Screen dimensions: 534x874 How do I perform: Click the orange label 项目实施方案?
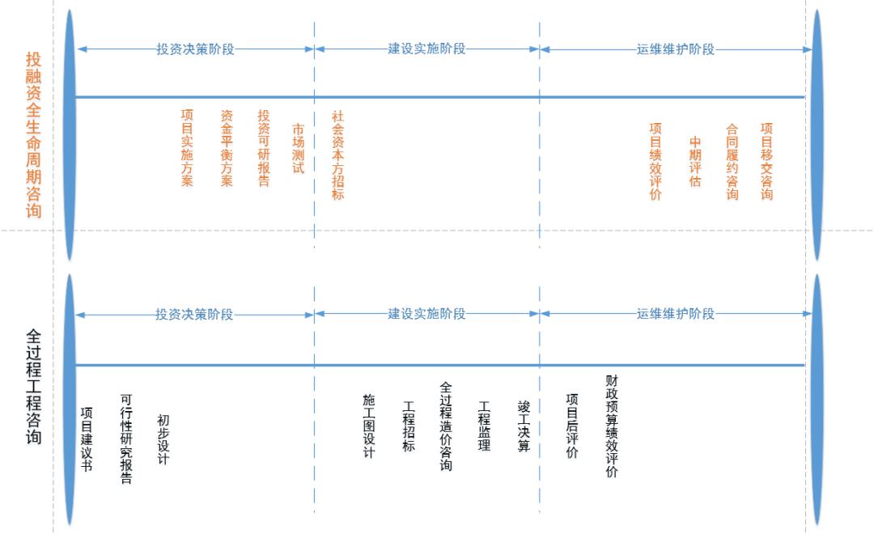click(x=187, y=148)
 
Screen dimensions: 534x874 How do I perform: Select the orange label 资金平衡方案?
click(x=227, y=148)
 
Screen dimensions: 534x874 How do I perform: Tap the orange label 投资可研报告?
click(x=263, y=148)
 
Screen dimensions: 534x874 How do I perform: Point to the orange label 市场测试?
click(x=299, y=149)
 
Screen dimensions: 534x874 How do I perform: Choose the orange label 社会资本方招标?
click(x=338, y=155)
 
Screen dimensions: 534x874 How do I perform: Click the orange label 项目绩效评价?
click(x=655, y=161)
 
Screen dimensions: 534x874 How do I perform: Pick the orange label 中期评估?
click(x=694, y=162)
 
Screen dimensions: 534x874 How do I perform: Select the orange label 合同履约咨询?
click(x=732, y=161)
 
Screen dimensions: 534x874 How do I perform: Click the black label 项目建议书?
click(x=87, y=438)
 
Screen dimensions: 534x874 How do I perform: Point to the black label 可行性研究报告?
click(x=125, y=439)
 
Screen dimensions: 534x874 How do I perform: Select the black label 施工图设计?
click(x=369, y=426)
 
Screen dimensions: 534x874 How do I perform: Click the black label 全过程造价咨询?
click(x=446, y=426)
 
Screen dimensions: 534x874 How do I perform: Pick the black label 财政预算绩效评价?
click(x=611, y=426)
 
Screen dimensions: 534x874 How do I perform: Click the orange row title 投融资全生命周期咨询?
click(x=33, y=134)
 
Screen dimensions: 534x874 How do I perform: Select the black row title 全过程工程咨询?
click(x=33, y=385)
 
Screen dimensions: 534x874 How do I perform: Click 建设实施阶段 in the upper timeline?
click(x=426, y=49)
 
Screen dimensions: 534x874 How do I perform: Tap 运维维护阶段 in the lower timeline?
click(x=676, y=314)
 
